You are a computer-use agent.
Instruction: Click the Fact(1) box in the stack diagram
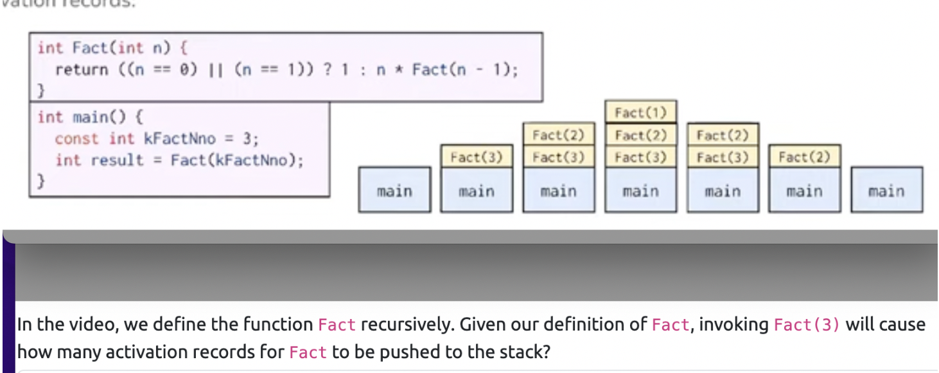pyautogui.click(x=640, y=113)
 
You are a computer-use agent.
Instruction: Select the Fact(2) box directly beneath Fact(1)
pyautogui.click(x=640, y=135)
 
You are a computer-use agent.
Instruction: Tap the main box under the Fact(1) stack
pyautogui.click(x=640, y=191)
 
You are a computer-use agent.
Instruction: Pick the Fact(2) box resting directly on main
pyautogui.click(x=804, y=156)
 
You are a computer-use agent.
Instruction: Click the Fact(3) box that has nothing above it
pyautogui.click(x=476, y=157)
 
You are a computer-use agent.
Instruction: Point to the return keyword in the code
pyautogui.click(x=82, y=69)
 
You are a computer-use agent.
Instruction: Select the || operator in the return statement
pyautogui.click(x=211, y=69)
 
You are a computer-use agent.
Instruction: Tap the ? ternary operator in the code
pyautogui.click(x=328, y=69)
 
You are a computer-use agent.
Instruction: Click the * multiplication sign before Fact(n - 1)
pyautogui.click(x=398, y=69)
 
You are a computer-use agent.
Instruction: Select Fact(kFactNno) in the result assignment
pyautogui.click(x=236, y=160)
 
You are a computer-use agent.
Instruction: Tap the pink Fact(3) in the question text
pyautogui.click(x=807, y=325)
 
